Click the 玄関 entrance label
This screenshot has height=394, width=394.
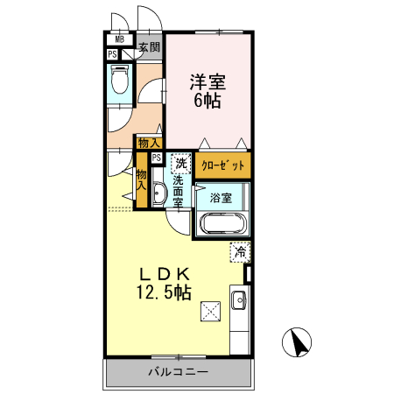pos(149,47)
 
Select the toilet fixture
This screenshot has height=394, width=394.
pos(121,84)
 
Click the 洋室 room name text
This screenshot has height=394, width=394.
pos(208,83)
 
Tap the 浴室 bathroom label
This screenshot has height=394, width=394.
pos(220,197)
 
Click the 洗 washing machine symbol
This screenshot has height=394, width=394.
pos(180,162)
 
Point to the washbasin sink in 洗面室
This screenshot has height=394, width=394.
pos(158,194)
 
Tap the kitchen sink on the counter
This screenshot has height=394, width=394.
pos(238,302)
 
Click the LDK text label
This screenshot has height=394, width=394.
pos(161,272)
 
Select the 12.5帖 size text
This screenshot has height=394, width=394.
pos(163,292)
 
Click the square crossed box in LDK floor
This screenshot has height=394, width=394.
pos(209,309)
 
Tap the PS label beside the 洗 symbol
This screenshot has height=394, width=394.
pos(157,158)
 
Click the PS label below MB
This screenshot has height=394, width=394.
pos(112,54)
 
